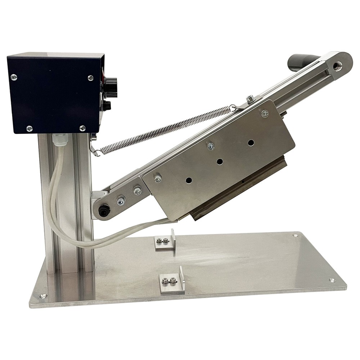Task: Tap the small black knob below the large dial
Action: (x=107, y=105)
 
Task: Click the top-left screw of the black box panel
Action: (x=14, y=77)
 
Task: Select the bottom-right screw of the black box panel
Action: (x=82, y=128)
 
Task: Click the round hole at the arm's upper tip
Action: (x=338, y=65)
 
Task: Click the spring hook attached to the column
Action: (x=95, y=150)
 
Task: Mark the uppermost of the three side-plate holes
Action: (x=251, y=143)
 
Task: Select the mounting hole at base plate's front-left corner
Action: (x=43, y=296)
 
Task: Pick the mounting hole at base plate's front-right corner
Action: (x=332, y=280)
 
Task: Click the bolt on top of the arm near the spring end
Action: (x=249, y=98)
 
